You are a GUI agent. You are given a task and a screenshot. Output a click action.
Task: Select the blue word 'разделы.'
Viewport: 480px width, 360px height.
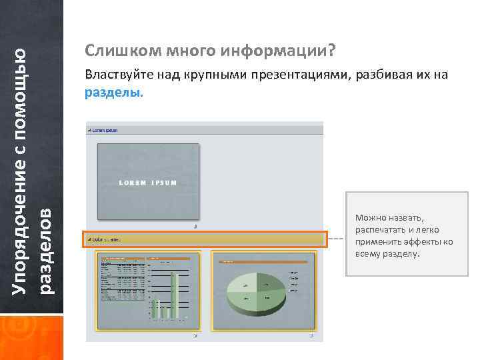coord(113,93)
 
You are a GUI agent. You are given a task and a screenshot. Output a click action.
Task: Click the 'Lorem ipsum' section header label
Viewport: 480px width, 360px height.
coord(105,130)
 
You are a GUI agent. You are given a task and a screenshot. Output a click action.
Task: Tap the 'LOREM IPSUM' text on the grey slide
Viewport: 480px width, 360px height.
coord(147,183)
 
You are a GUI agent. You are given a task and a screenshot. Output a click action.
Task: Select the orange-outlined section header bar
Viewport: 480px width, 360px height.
coord(205,239)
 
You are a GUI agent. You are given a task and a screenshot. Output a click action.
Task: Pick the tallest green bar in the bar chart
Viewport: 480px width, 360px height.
coord(173,293)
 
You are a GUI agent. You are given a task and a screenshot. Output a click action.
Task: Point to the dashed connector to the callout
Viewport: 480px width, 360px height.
coord(337,239)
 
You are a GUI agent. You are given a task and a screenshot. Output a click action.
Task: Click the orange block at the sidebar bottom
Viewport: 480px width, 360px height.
coord(32,337)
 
